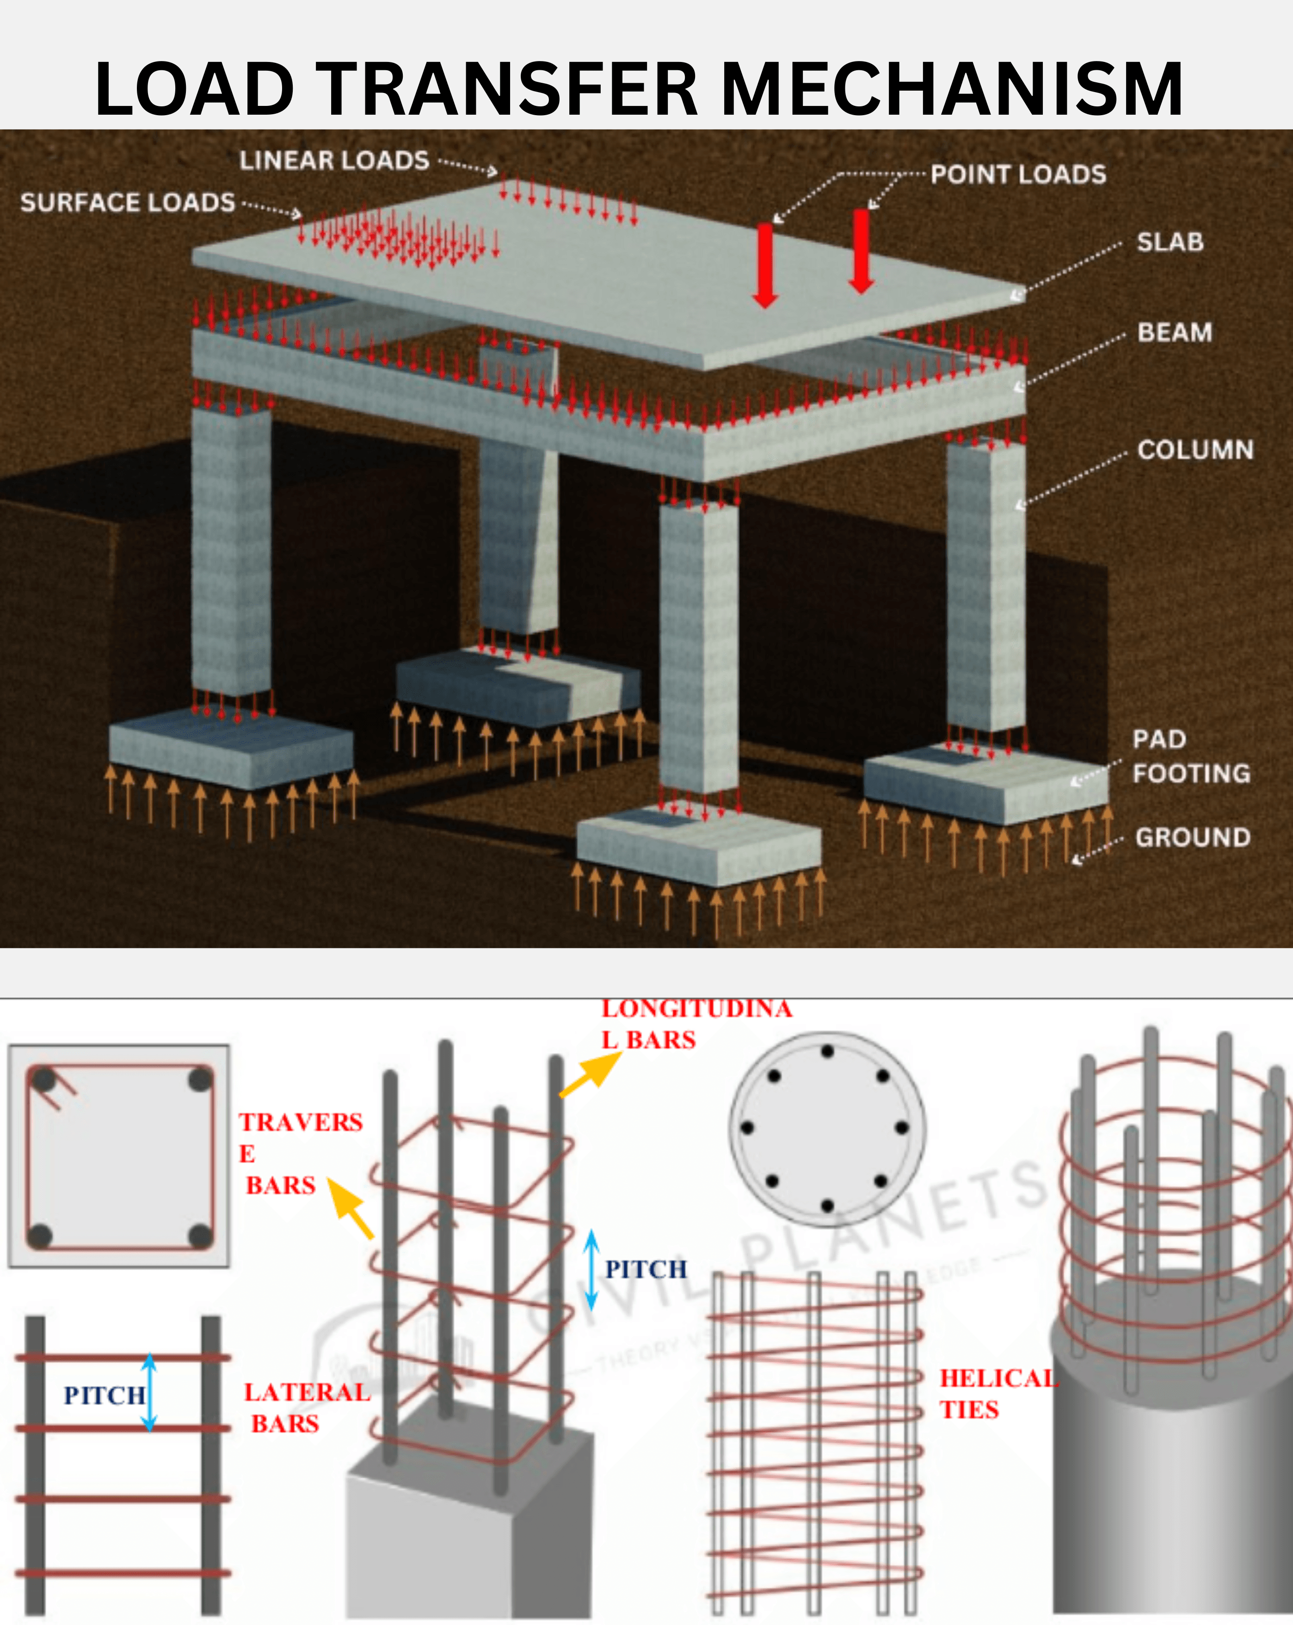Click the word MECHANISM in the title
point(951,89)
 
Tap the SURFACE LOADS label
point(128,203)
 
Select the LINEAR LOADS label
point(334,160)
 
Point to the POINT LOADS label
point(1018,175)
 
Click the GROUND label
point(1193,837)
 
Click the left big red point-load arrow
point(765,265)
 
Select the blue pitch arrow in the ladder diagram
point(149,1392)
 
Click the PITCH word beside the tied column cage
point(646,1269)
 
